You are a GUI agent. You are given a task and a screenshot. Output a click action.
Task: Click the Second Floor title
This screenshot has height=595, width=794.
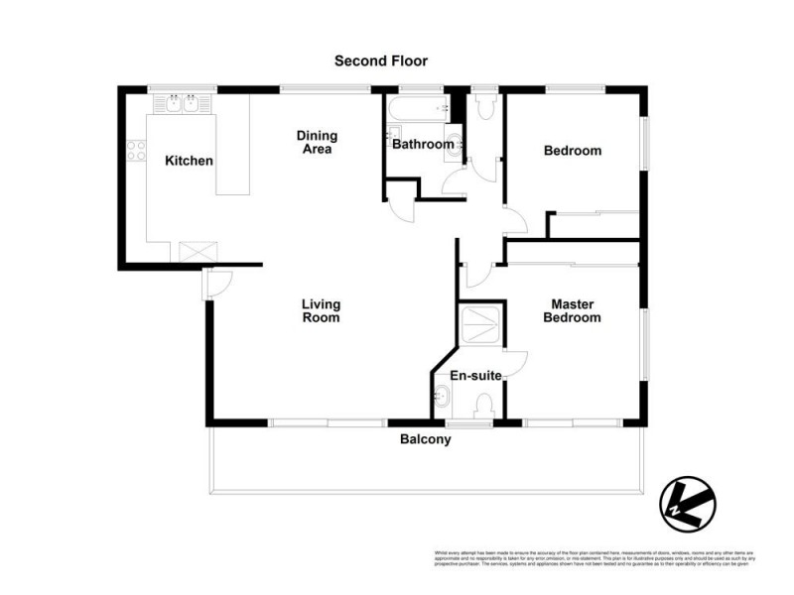pyautogui.click(x=381, y=61)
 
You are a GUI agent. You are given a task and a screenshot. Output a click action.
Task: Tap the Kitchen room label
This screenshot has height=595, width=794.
pyautogui.click(x=190, y=161)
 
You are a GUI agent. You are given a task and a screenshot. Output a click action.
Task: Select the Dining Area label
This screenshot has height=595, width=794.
pyautogui.click(x=318, y=143)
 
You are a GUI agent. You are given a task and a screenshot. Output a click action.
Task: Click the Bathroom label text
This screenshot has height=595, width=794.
pyautogui.click(x=423, y=145)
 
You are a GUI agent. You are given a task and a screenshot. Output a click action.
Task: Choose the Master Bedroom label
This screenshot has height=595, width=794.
pyautogui.click(x=577, y=310)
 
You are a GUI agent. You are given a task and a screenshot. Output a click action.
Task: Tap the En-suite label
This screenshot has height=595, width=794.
pyautogui.click(x=475, y=376)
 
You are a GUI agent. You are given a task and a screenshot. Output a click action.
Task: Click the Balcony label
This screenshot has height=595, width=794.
pyautogui.click(x=425, y=439)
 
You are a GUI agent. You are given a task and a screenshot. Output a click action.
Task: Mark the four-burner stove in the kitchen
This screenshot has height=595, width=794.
pyautogui.click(x=136, y=152)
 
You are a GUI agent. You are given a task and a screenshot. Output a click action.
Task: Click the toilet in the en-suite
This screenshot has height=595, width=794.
pyautogui.click(x=484, y=406)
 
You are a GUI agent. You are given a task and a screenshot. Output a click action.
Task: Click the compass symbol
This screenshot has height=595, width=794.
pyautogui.click(x=688, y=504)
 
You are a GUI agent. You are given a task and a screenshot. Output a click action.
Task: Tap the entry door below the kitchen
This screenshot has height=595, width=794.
pyautogui.click(x=214, y=286)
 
